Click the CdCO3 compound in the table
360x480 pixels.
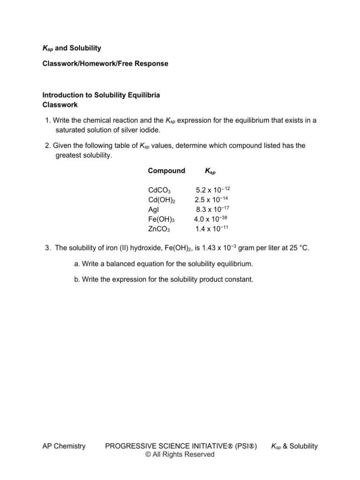[159, 190]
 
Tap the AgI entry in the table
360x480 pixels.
[154, 210]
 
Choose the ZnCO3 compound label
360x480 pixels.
[159, 229]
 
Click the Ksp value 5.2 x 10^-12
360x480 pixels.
[212, 190]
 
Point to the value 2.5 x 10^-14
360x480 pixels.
[212, 200]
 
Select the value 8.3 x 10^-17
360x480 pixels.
[212, 210]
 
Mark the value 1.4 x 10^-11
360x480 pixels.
[212, 229]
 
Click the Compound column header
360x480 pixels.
[166, 171]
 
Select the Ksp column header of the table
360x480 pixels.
[210, 171]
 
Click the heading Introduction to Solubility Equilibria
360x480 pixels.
[101, 95]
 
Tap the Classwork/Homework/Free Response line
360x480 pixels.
[105, 63]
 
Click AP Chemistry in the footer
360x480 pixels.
[64, 446]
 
